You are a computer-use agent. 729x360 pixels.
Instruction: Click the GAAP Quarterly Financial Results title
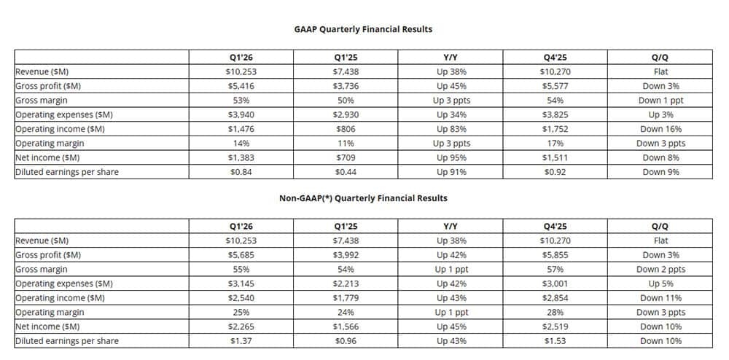(x=363, y=29)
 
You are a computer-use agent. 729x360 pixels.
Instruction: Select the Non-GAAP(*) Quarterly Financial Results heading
(x=363, y=198)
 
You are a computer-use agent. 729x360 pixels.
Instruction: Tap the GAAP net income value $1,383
(x=241, y=157)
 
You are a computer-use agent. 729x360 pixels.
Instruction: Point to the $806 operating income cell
(x=346, y=129)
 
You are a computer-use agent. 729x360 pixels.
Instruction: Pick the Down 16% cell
(x=660, y=129)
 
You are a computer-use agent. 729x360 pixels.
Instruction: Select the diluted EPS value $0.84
(x=241, y=172)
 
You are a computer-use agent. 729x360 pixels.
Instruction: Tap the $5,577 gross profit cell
(x=555, y=86)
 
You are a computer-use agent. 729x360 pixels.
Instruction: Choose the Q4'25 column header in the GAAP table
(x=555, y=58)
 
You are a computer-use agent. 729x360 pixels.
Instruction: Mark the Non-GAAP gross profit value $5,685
(x=241, y=255)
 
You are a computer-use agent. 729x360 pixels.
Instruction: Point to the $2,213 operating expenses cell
(x=346, y=283)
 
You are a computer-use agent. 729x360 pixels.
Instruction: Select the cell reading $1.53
(x=555, y=340)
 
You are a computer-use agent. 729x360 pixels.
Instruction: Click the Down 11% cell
(x=660, y=298)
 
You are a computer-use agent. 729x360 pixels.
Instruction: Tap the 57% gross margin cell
(x=555, y=269)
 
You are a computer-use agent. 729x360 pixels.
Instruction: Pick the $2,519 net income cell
(x=555, y=326)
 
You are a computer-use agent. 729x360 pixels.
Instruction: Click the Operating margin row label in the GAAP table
(x=50, y=143)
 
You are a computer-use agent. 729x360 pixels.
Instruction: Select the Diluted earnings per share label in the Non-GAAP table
(x=67, y=341)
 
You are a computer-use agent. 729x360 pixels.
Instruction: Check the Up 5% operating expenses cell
(x=660, y=283)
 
